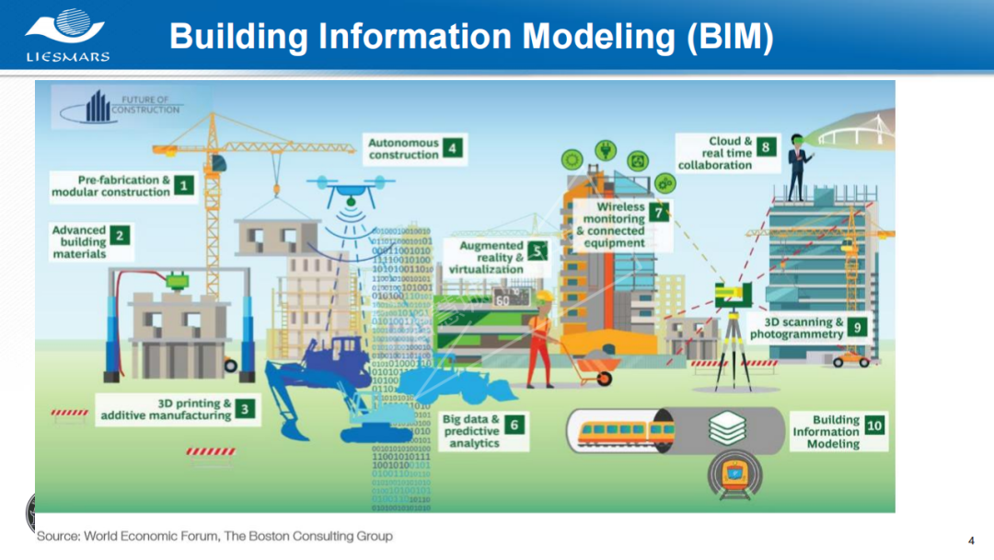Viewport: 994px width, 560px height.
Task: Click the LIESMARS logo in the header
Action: (67, 34)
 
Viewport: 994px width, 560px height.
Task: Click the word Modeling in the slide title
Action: (605, 37)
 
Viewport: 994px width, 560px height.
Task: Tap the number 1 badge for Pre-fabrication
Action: (184, 186)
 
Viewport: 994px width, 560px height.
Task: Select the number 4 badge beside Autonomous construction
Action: (452, 148)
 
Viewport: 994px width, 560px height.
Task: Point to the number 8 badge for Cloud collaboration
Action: (766, 146)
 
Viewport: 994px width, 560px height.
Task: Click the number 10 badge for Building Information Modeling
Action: (874, 425)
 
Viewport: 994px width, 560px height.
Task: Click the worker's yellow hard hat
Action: (543, 297)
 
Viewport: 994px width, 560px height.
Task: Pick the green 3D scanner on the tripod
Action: (734, 293)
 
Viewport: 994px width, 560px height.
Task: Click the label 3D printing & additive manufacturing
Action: (167, 410)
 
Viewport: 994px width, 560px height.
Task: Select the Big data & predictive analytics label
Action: (471, 431)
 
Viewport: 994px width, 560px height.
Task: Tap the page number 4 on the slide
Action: (971, 540)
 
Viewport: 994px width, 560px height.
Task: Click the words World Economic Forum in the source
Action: (153, 536)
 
